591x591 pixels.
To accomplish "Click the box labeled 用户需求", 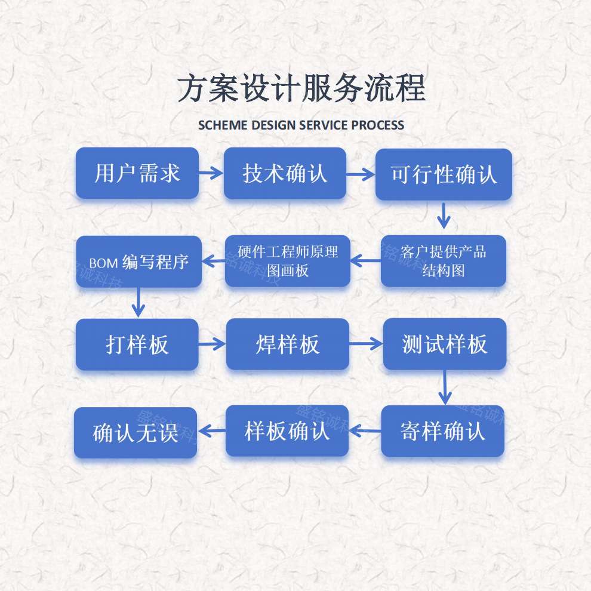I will click(137, 173).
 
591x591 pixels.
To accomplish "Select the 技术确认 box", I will click(285, 173).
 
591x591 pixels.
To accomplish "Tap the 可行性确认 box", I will click(444, 174).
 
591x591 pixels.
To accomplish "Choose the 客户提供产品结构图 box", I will click(444, 261).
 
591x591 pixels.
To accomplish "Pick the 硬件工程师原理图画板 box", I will click(288, 261).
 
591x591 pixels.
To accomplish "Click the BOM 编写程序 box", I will click(138, 261).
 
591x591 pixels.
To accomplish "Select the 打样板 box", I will click(137, 344).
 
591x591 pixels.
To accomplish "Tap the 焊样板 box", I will click(288, 344).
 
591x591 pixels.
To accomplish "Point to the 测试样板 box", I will click(445, 344).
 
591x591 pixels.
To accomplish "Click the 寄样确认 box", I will click(443, 431).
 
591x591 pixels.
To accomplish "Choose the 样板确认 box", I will click(287, 430).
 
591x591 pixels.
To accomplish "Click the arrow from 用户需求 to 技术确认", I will click(211, 174).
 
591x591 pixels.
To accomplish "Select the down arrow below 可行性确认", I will click(443, 216).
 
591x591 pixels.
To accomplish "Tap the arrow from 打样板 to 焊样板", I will click(212, 344).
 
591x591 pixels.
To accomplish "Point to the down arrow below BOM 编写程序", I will click(138, 303).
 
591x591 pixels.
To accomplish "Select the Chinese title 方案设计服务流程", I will click(301, 90).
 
